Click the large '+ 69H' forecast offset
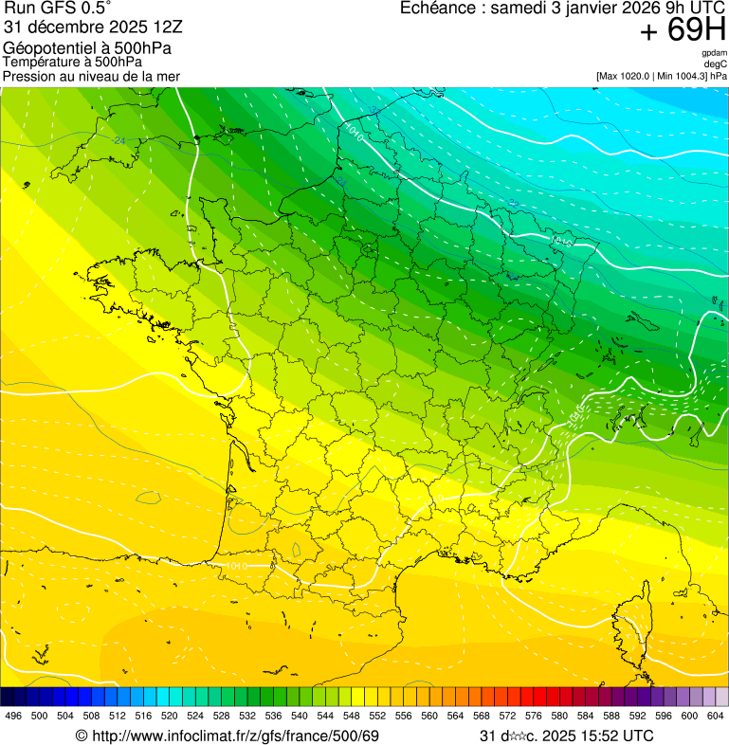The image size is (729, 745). pyautogui.click(x=683, y=30)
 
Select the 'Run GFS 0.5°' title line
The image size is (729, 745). pyautogui.click(x=57, y=9)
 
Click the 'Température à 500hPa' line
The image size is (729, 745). pyautogui.click(x=72, y=63)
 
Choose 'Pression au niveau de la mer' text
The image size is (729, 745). pyautogui.click(x=91, y=76)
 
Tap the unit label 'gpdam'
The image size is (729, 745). pyautogui.click(x=715, y=53)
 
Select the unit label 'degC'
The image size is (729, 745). pyautogui.click(x=716, y=64)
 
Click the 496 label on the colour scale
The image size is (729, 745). pyautogui.click(x=13, y=717)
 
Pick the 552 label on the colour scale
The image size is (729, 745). pyautogui.click(x=377, y=717)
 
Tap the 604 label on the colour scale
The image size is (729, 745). pyautogui.click(x=716, y=717)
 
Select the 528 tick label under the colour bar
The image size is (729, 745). pyautogui.click(x=222, y=717)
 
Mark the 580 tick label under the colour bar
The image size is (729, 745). pyautogui.click(x=559, y=717)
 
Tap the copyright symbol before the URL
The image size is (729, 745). pyautogui.click(x=82, y=736)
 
